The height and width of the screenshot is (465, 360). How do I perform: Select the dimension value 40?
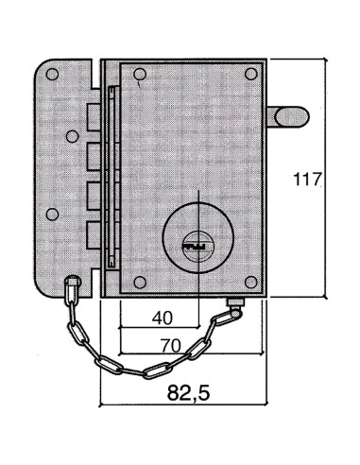(162, 319)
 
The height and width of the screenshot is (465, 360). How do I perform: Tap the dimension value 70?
(171, 345)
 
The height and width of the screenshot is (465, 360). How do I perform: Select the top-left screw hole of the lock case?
(140, 74)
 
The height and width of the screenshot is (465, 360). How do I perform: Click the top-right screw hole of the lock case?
(250, 74)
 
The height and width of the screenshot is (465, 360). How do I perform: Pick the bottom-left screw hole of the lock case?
(140, 280)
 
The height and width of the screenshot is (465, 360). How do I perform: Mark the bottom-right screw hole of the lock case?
(250, 280)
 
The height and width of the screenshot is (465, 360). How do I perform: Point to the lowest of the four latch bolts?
(92, 231)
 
